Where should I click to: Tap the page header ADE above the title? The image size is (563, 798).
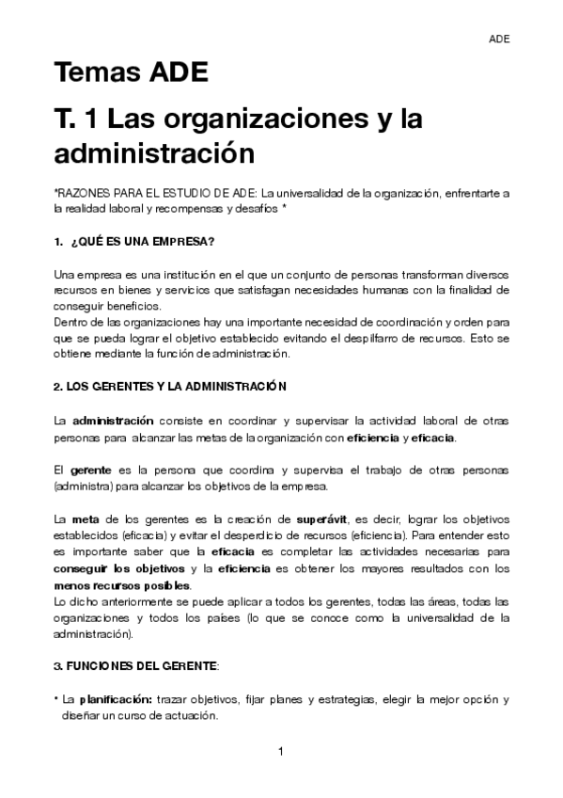[499, 39]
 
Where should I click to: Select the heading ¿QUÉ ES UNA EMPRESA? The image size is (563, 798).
[143, 242]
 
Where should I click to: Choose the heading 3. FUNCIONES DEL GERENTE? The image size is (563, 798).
[135, 666]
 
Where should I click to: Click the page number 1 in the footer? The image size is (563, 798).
[281, 751]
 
